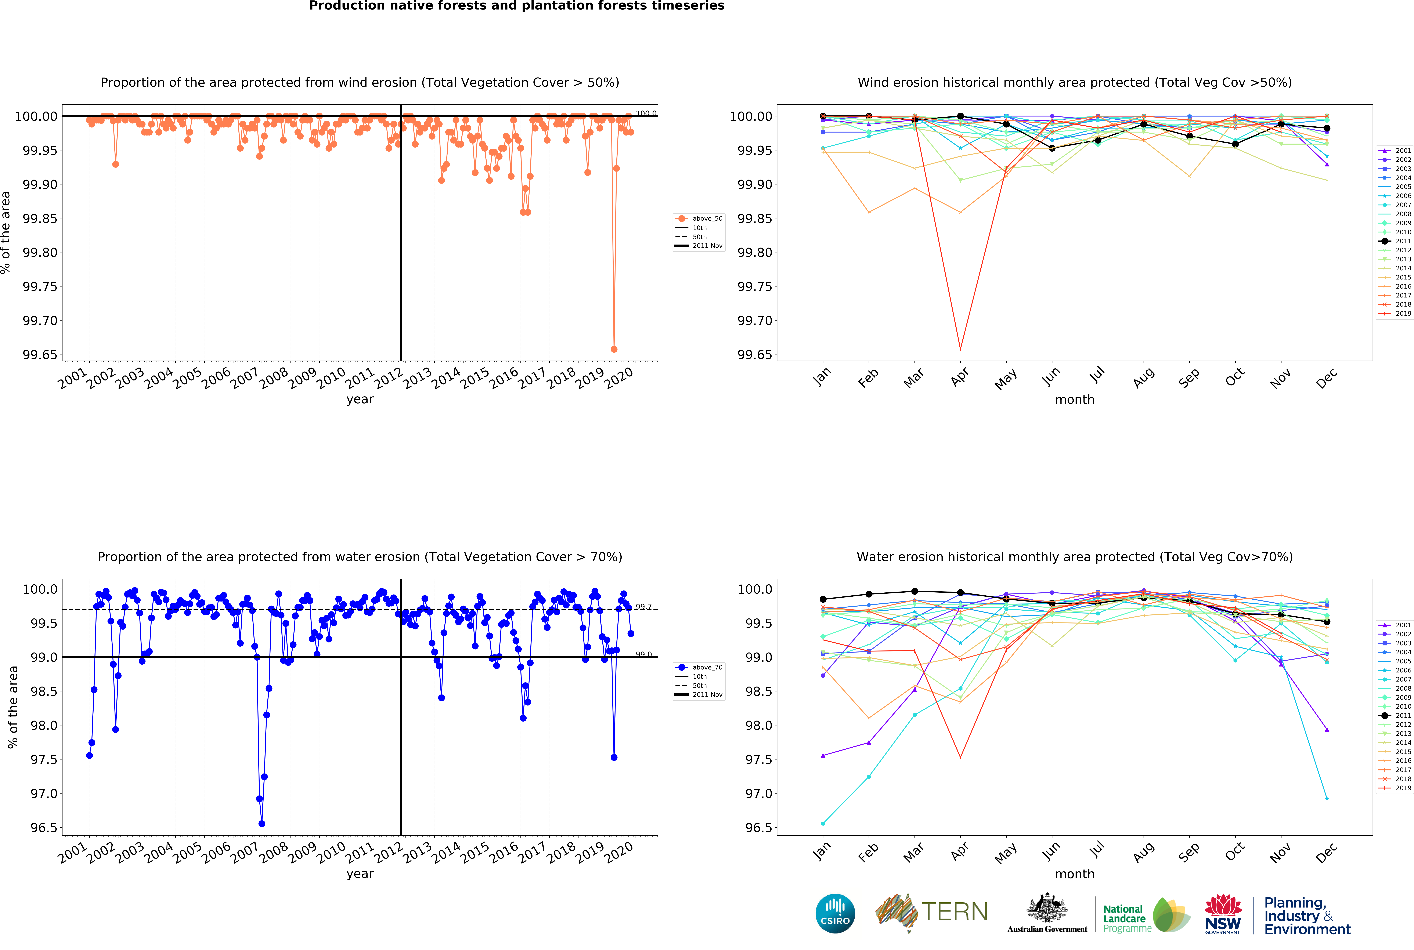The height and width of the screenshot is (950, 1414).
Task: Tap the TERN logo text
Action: coord(954,912)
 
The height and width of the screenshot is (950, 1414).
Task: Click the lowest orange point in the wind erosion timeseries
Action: coord(614,349)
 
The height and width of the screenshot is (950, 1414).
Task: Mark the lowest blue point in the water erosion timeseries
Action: coord(262,823)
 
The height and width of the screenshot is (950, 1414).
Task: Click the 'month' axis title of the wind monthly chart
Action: coord(1074,399)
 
